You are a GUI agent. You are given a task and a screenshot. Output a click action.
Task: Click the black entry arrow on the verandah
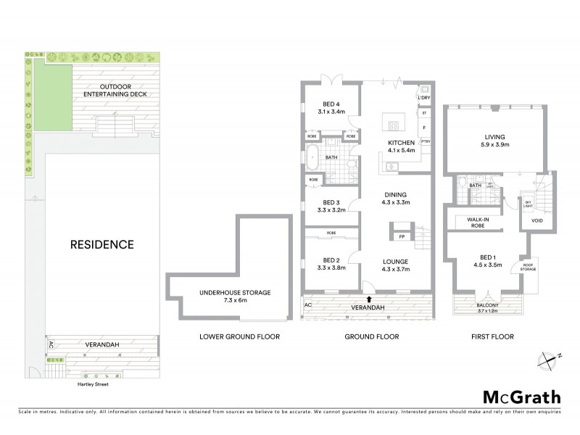pos(369,297)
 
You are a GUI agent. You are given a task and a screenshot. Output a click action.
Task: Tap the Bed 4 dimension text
pos(331,112)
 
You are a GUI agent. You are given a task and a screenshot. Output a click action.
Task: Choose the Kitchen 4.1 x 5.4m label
pos(401,146)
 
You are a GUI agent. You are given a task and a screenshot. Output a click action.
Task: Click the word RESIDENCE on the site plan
pos(101,244)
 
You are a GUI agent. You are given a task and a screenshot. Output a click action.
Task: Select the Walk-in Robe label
pos(476,223)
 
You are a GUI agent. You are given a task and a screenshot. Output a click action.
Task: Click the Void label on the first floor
pos(536,221)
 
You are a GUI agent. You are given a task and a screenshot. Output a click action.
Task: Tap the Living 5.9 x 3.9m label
pos(494,141)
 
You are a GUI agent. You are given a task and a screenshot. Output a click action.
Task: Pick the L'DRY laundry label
pos(424,97)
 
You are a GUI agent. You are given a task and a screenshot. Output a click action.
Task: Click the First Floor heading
pos(495,336)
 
